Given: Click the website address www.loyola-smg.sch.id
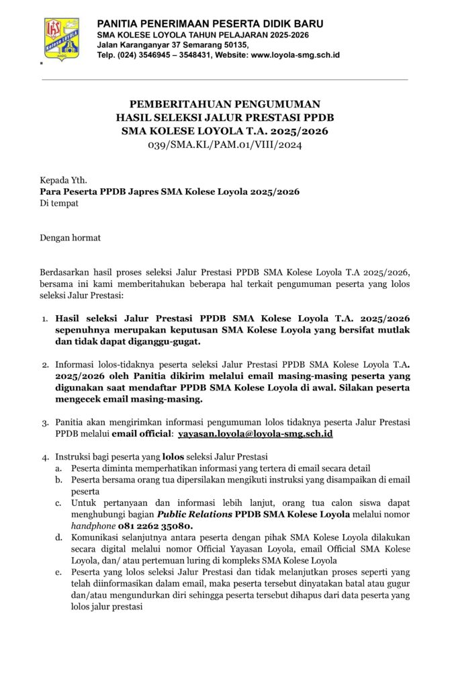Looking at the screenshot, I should pyautogui.click(x=295, y=55).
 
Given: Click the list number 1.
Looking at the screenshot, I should pyautogui.click(x=45, y=318).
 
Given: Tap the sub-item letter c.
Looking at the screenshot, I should pyautogui.click(x=58, y=503).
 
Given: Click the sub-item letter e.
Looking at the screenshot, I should pyautogui.click(x=58, y=572).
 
